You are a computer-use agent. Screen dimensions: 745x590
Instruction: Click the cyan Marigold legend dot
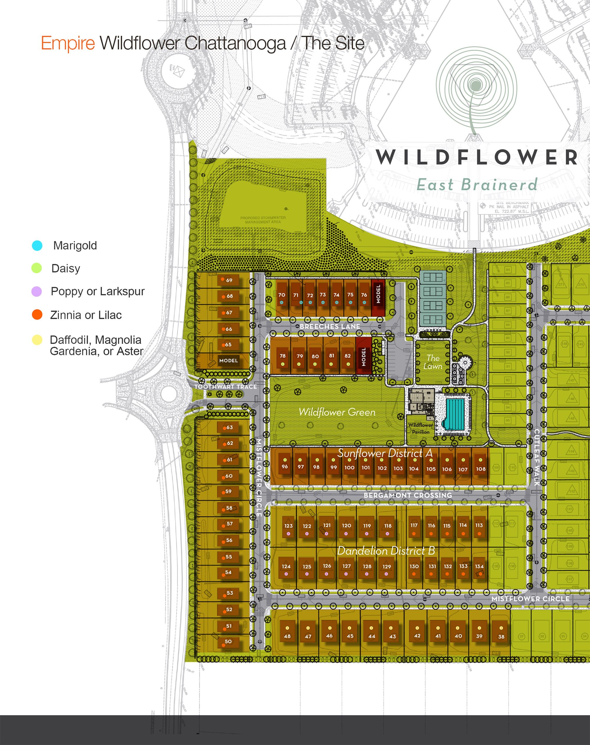(37, 246)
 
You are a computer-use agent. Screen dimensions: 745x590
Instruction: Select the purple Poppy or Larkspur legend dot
(37, 291)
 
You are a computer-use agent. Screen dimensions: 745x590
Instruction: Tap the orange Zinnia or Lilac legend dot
(37, 315)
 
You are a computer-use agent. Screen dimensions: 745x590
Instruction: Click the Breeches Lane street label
(330, 326)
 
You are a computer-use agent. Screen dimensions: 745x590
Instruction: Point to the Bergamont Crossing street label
(408, 495)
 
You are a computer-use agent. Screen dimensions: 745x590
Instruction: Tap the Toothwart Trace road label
(226, 387)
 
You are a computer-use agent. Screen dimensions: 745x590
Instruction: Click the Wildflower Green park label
(337, 412)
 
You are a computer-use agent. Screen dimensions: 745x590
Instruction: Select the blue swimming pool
(455, 414)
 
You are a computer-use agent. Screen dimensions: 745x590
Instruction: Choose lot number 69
(228, 280)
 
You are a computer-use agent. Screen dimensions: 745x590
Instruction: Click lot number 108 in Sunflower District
(481, 469)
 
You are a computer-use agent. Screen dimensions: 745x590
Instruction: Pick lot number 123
(289, 526)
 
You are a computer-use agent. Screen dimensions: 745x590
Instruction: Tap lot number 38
(501, 636)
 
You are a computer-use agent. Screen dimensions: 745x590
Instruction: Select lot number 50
(228, 641)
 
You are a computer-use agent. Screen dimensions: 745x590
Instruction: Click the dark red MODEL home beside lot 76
(378, 294)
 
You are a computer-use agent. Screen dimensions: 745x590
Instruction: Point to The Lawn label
(433, 362)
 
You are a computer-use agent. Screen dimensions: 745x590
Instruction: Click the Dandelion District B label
(386, 551)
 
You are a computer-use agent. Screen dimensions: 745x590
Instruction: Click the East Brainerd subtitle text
(477, 185)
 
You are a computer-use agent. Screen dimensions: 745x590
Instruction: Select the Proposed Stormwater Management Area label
(263, 220)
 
